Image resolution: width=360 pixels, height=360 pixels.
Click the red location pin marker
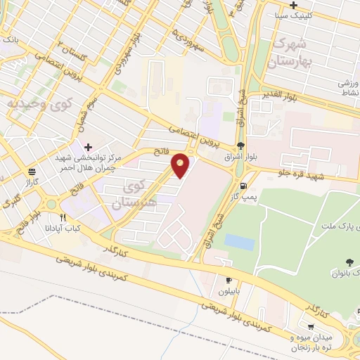click(x=181, y=165)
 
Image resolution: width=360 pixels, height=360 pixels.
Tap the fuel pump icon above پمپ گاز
click(x=243, y=186)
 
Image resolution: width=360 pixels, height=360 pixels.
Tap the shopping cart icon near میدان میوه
click(x=311, y=326)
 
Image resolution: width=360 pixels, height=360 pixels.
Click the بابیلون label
click(x=229, y=290)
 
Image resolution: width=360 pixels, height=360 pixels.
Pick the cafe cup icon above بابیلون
click(x=229, y=280)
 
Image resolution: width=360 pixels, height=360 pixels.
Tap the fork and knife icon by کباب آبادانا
click(x=63, y=217)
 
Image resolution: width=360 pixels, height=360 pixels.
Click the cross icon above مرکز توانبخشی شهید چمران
click(x=87, y=147)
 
